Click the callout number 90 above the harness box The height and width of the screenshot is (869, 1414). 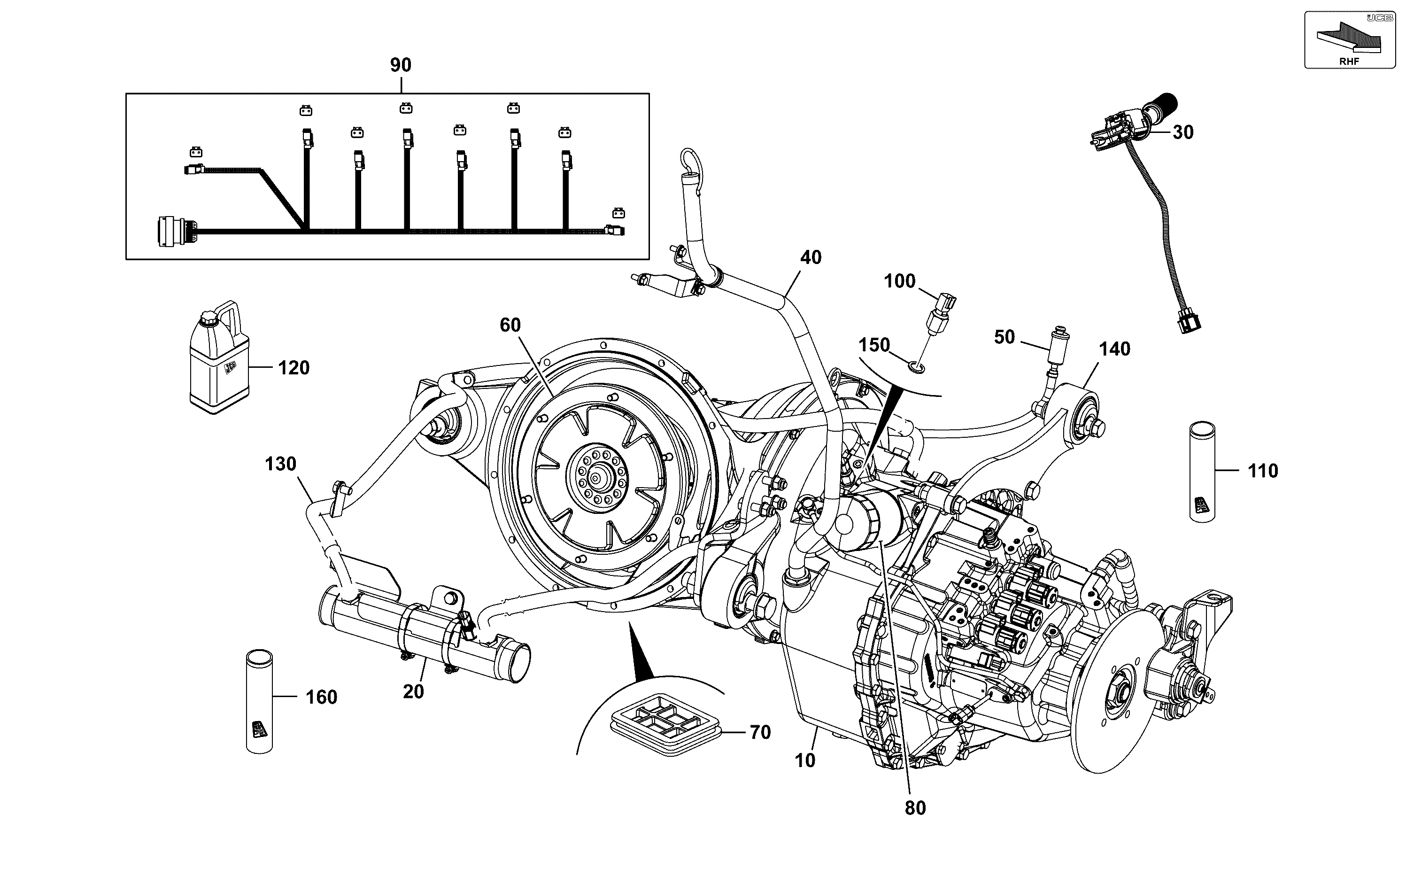[x=401, y=65]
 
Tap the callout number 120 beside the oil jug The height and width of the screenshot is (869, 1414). [x=294, y=368]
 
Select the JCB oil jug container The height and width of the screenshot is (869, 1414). [x=219, y=357]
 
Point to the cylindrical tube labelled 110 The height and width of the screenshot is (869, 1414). [x=1202, y=472]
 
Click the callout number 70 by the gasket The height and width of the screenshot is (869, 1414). [x=760, y=732]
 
